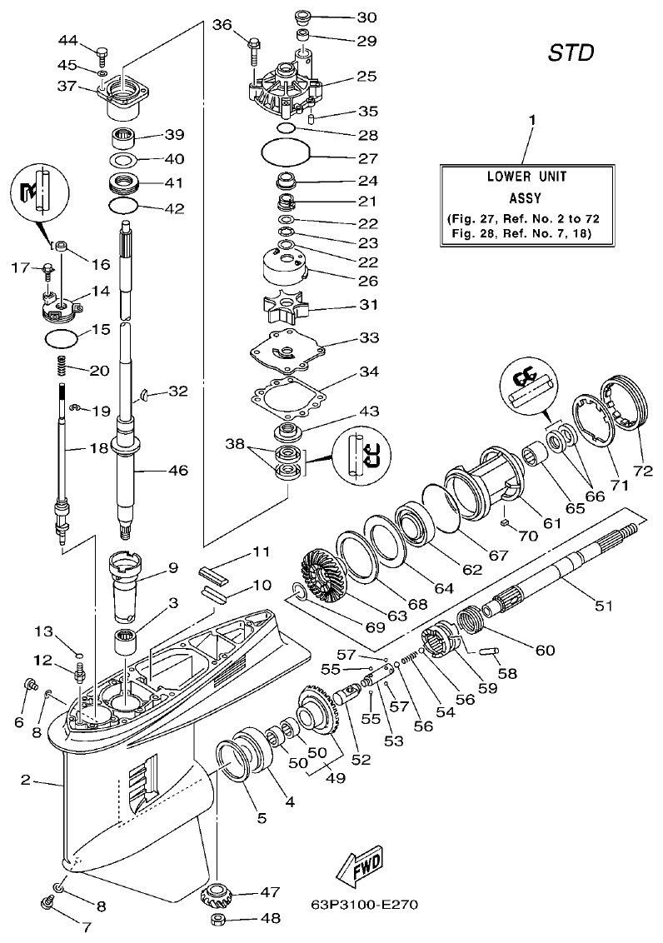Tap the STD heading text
[571, 53]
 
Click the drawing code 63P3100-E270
[364, 904]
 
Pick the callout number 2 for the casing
[26, 781]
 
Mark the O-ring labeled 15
[62, 339]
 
